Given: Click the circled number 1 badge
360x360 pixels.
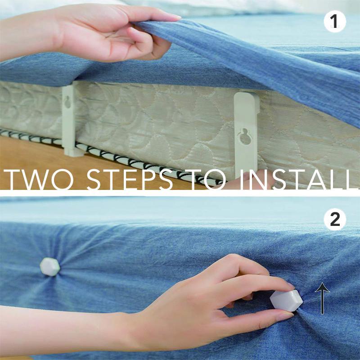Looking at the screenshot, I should pyautogui.click(x=335, y=22).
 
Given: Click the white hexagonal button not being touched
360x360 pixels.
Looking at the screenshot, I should pyautogui.click(x=49, y=266).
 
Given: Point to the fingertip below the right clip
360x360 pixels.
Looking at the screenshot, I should pyautogui.click(x=234, y=183).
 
